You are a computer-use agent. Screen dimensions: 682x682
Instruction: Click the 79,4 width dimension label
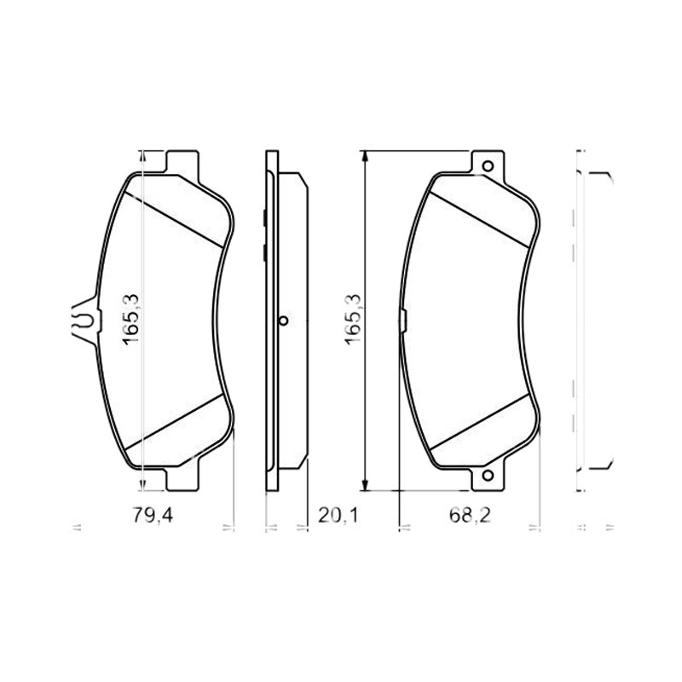153,516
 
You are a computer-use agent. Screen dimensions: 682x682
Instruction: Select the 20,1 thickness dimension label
338,516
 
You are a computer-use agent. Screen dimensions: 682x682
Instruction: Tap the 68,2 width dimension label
470,516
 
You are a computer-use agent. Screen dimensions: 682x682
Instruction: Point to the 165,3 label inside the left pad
130,320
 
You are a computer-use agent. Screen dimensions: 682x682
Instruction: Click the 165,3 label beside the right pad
353,320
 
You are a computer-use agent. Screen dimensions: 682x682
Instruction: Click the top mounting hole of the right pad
488,166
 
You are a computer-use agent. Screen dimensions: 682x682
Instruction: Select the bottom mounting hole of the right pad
488,476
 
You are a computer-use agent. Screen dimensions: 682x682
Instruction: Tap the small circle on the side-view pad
283,321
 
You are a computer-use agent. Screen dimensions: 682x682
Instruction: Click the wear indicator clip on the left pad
84,321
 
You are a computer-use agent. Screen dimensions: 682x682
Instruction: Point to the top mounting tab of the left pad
182,162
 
